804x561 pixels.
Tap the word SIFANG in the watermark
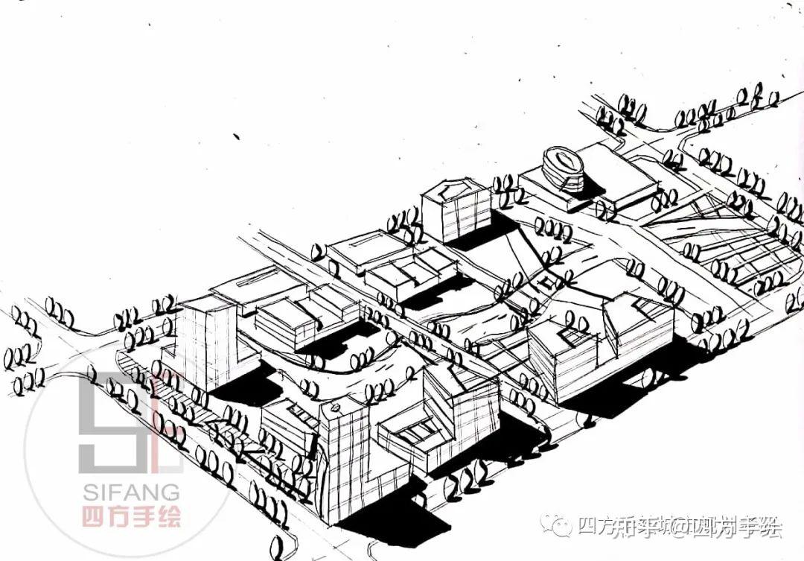pos(131,492)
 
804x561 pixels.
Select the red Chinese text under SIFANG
pos(131,516)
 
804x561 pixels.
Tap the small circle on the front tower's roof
pos(335,407)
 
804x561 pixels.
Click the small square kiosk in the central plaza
pos(549,281)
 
